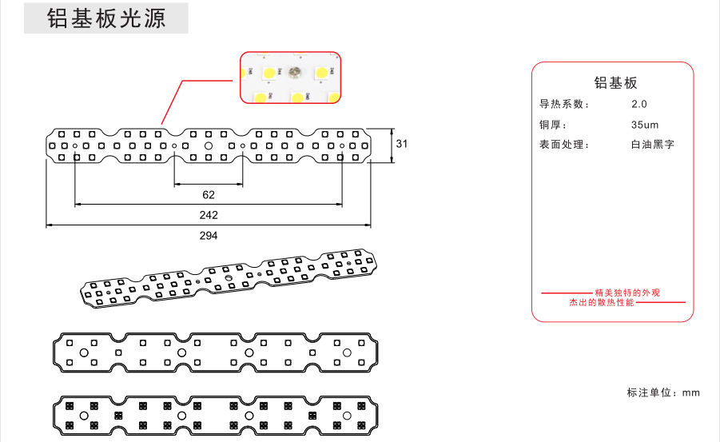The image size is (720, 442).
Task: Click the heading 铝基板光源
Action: pos(106,19)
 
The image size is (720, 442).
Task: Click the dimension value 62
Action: pos(209,194)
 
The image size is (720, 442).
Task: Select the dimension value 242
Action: pos(209,215)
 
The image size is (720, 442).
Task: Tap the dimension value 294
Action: pos(209,235)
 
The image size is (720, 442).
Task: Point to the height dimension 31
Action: pos(402,145)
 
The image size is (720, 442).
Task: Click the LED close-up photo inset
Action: pos(292,78)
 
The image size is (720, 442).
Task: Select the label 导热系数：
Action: pos(566,105)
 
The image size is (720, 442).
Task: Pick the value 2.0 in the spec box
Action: pos(639,105)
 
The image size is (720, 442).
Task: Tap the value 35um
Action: pos(644,125)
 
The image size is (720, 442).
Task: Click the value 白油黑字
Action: pos(652,145)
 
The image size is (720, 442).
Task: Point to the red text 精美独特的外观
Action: pos(628,293)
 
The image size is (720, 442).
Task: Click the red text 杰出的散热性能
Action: pos(602,303)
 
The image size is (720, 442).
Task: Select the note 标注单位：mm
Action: pos(663,392)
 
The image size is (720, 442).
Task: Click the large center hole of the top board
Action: pos(209,146)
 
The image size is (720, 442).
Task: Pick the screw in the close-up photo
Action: pos(294,73)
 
